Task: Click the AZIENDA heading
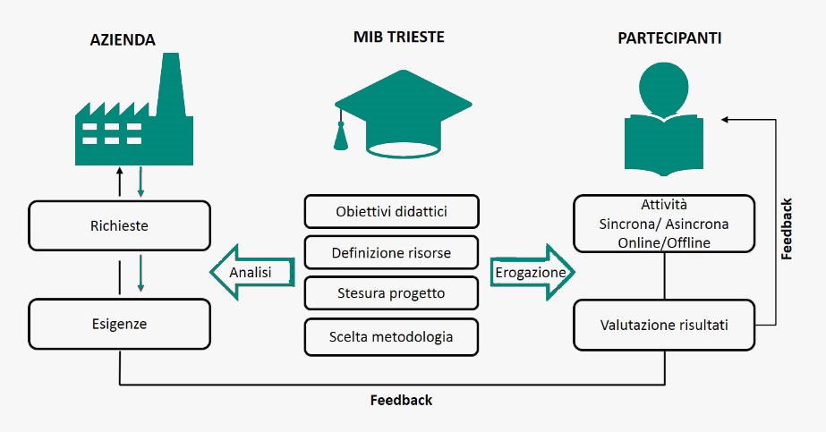click(x=123, y=40)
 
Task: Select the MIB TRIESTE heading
click(x=399, y=38)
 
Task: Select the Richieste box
click(x=120, y=225)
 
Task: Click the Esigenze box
click(x=120, y=324)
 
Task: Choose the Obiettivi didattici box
click(x=391, y=212)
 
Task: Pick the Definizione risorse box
click(x=391, y=253)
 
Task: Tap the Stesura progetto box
click(x=391, y=293)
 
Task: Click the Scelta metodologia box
click(x=391, y=336)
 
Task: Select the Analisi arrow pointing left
click(x=252, y=271)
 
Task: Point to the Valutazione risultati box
click(x=663, y=325)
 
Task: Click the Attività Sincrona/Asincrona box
click(x=663, y=223)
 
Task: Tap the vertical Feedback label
click(x=787, y=229)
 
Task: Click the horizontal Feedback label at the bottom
click(x=401, y=401)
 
